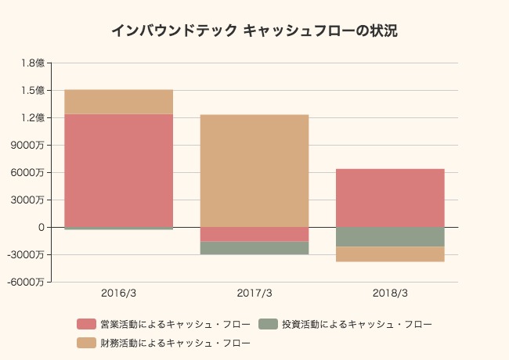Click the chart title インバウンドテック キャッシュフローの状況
254,31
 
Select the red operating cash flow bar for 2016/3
118,170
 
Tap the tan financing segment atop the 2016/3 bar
118,102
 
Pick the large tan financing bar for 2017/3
254,171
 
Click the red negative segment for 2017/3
254,234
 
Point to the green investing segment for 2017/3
254,248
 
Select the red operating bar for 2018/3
390,197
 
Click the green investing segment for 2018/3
390,236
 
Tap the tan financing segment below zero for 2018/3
390,254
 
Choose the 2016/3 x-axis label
118,293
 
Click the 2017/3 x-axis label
254,293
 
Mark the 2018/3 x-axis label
390,293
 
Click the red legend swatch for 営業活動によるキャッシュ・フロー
85,324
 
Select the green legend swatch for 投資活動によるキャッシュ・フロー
268,324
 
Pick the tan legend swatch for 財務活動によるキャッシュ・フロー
85,343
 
